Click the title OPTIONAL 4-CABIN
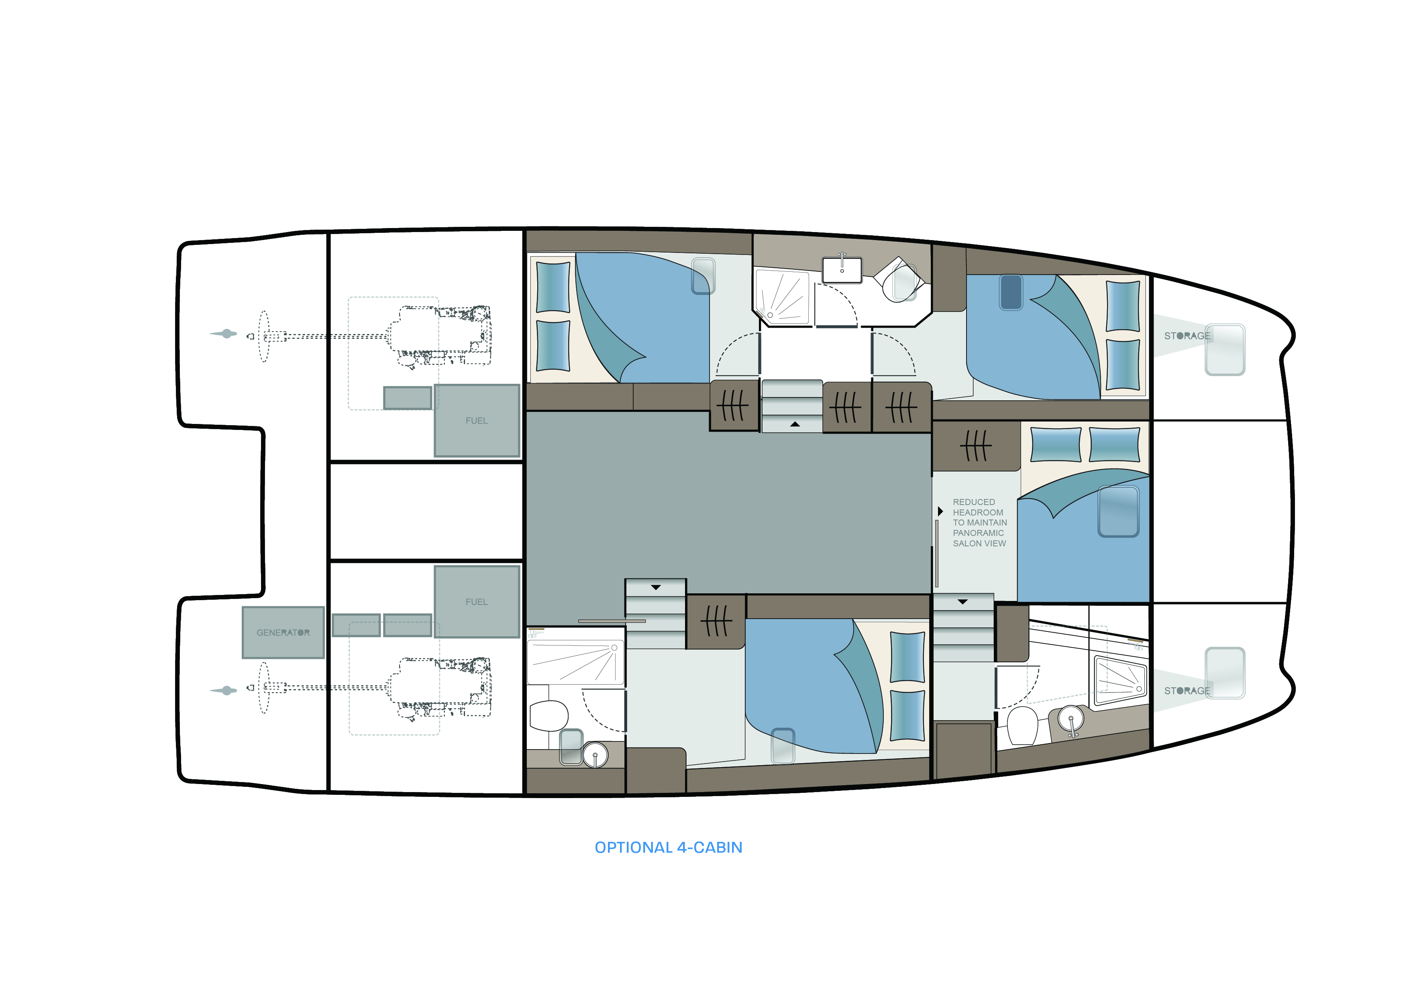pyautogui.click(x=668, y=847)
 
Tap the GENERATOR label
pyautogui.click(x=283, y=633)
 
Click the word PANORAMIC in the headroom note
pyautogui.click(x=978, y=533)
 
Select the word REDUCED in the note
pyautogui.click(x=974, y=502)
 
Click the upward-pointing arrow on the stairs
pyautogui.click(x=795, y=424)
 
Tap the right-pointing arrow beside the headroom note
pyautogui.click(x=940, y=511)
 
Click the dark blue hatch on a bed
pyautogui.click(x=1011, y=292)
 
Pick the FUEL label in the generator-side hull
pyautogui.click(x=476, y=602)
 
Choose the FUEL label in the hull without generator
pyautogui.click(x=476, y=421)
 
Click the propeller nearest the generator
pyautogui.click(x=224, y=690)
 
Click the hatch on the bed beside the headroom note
pyautogui.click(x=1118, y=511)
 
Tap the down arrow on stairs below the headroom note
pyautogui.click(x=962, y=602)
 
